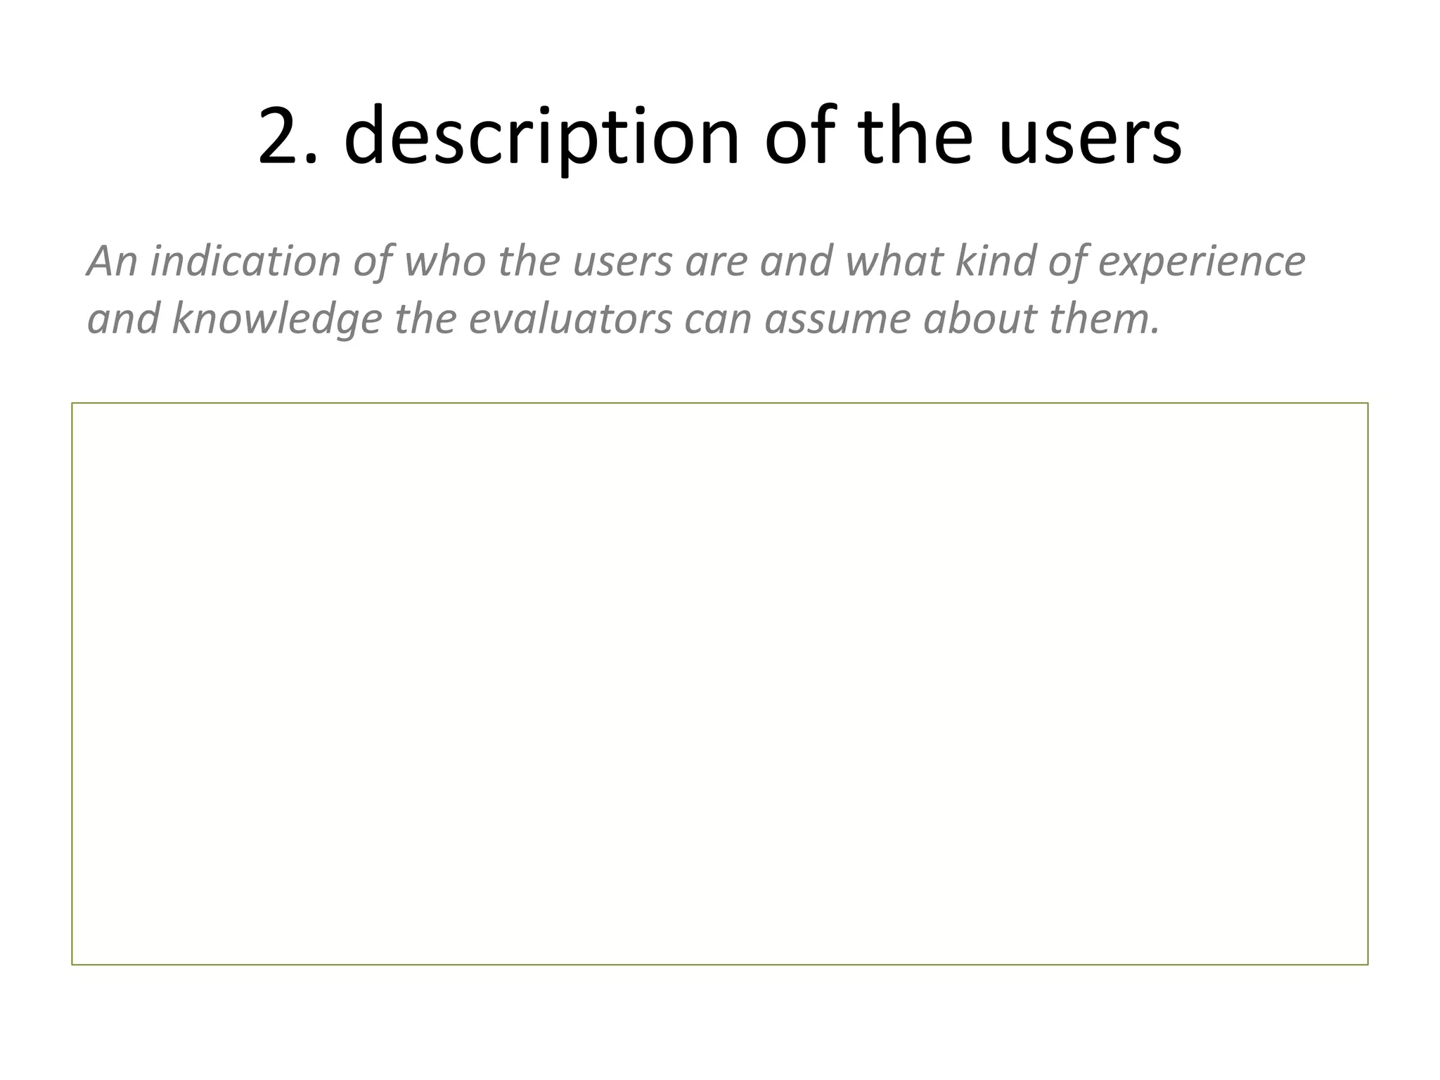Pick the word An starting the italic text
(x=112, y=261)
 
